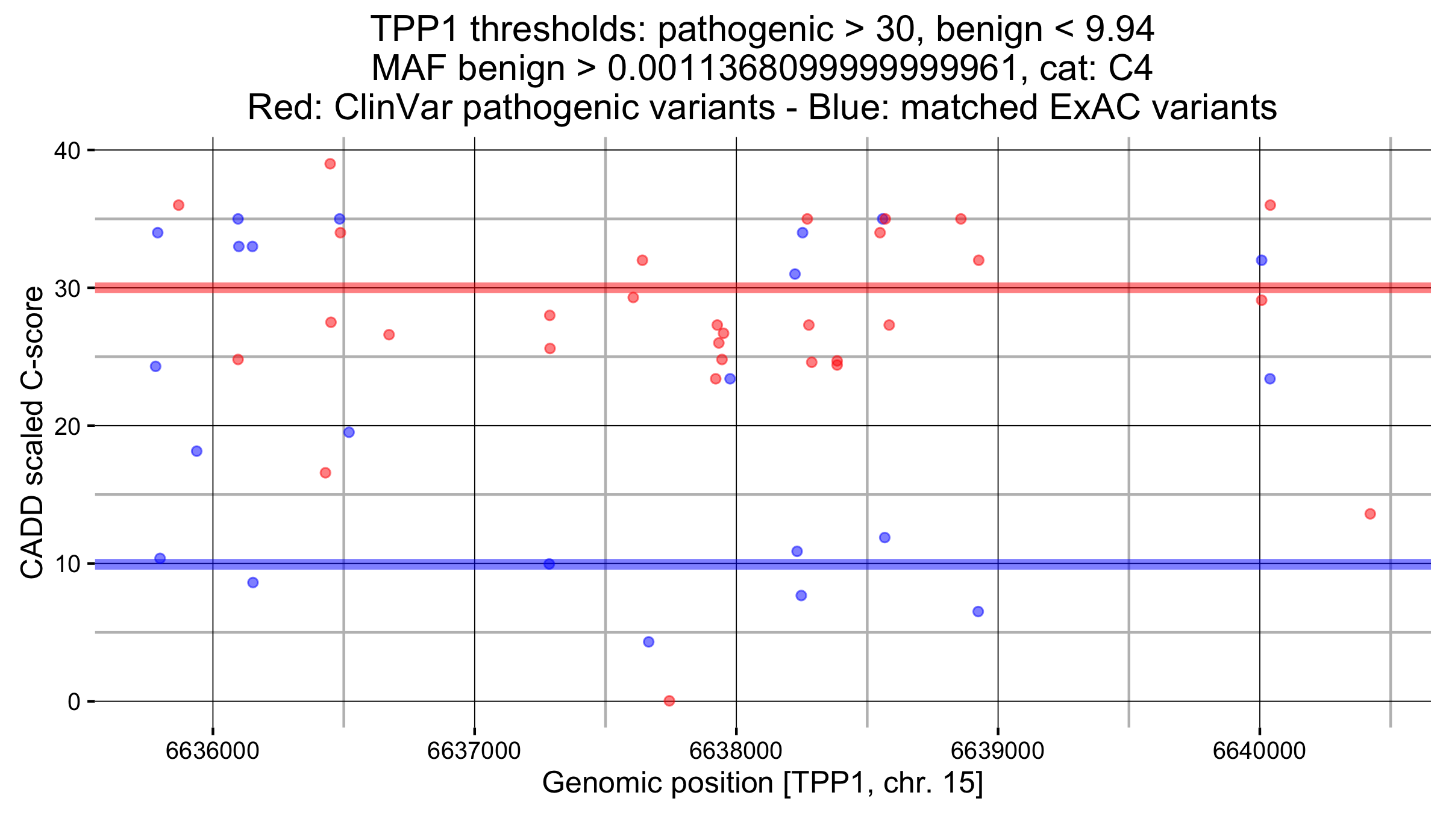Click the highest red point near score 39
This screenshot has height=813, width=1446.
click(330, 164)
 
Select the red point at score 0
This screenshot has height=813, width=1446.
click(669, 700)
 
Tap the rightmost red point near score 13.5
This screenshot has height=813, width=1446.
click(1370, 514)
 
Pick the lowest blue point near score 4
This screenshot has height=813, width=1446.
click(648, 642)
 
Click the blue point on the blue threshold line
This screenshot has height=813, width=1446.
click(549, 564)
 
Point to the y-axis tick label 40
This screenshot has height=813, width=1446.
click(67, 151)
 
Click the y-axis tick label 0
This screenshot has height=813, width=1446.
click(74, 702)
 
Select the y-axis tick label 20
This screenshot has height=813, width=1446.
click(67, 426)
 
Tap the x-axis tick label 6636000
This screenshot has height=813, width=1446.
click(212, 751)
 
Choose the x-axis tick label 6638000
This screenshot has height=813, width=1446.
click(736, 751)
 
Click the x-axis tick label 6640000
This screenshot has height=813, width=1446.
click(1259, 751)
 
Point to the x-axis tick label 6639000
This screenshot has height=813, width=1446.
click(998, 751)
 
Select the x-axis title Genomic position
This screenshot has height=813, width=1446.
click(762, 783)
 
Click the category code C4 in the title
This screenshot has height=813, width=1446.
click(1130, 68)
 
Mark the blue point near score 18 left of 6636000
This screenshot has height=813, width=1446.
click(196, 451)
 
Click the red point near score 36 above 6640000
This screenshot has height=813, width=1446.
click(1270, 205)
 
